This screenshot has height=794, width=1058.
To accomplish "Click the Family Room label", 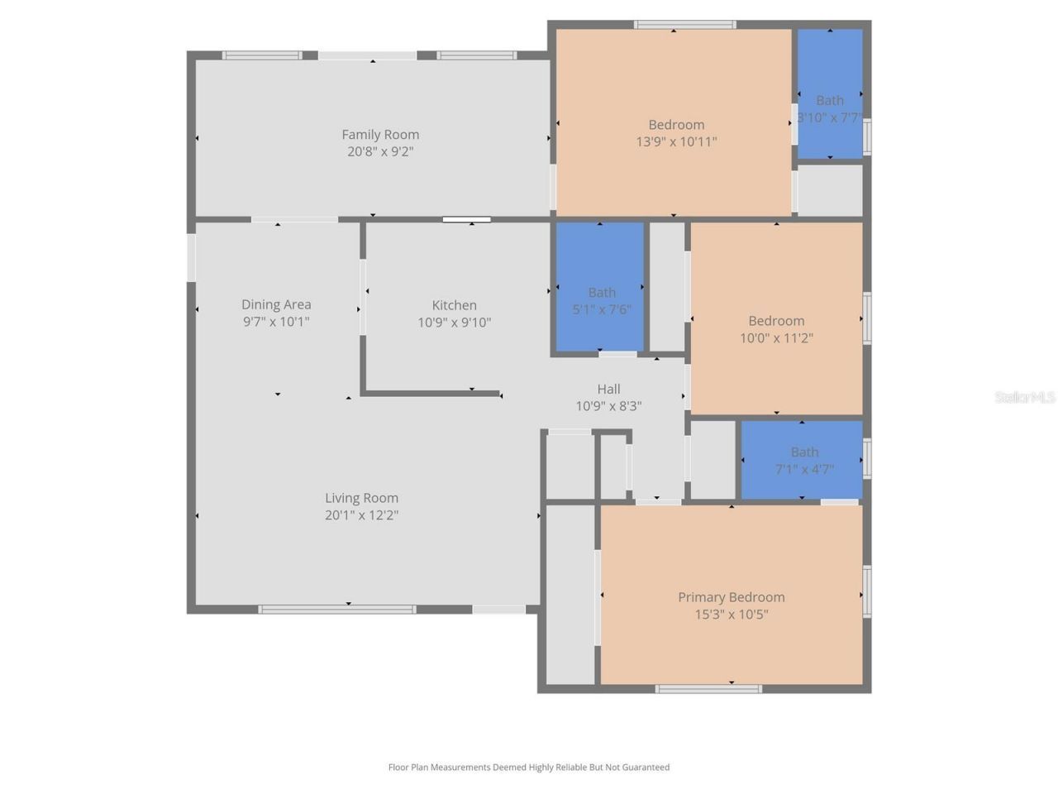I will pos(380,134).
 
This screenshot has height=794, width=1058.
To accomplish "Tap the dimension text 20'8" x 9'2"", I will pos(380,151).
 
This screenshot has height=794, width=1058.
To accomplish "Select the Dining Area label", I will pos(276,304).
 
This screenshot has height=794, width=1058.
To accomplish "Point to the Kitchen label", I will pos(454,305).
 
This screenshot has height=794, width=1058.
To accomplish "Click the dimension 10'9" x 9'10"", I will pos(454,323).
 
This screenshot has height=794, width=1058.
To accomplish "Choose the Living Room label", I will pos(361,498).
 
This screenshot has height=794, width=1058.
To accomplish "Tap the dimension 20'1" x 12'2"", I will pos(361,515).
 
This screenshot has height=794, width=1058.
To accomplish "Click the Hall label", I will pos(608,389).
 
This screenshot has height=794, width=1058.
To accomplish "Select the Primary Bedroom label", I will pos(731,597).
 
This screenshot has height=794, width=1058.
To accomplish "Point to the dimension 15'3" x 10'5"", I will pos(731,615).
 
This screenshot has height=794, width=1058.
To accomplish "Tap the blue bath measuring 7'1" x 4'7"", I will pos(802,460).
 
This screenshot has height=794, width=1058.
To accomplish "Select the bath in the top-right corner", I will pos(829,93).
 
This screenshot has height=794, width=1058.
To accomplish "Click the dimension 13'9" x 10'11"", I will pos(676,141).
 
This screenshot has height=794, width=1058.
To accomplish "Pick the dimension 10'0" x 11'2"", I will pos(776,337).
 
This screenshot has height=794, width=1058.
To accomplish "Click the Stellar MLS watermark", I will pos(1024,397).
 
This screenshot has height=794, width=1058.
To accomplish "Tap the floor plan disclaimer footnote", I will pos(529,768).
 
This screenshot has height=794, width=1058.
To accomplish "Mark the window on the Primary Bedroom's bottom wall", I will pos(708,688).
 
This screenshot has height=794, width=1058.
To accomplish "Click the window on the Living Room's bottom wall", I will pos(337,610).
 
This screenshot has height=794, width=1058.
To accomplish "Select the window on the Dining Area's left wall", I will pos(191,258).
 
